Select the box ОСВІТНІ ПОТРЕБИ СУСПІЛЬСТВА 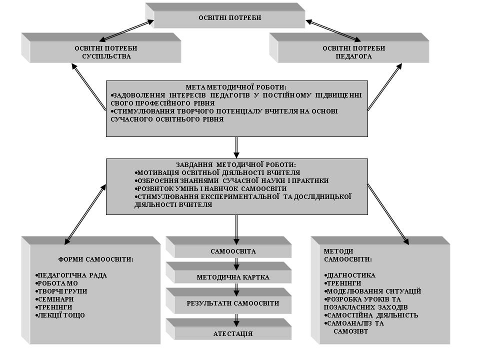101,48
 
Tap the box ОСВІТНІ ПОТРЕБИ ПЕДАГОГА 349,48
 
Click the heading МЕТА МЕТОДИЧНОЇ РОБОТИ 236,87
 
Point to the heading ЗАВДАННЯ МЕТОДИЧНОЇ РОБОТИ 236,164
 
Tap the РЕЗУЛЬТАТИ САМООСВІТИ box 228,300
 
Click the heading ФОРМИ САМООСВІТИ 96,259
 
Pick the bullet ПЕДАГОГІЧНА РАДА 71,275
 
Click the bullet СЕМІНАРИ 54,299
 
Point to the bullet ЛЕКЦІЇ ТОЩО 59,315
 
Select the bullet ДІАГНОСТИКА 349,275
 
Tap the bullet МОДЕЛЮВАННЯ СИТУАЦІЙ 372,291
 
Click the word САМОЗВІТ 351,331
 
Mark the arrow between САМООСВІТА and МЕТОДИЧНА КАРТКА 236,264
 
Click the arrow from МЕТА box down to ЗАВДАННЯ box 236,147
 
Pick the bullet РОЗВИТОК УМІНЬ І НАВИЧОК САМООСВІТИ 210,188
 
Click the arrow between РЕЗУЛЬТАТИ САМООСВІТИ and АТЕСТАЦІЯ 236,320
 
